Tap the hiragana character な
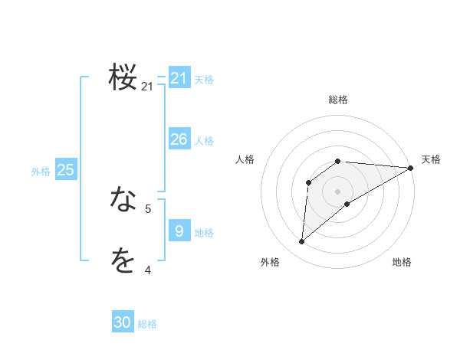(x=123, y=200)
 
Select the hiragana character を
(x=123, y=261)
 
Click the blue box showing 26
(x=179, y=139)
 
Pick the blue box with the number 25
(x=65, y=170)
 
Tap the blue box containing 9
(x=179, y=231)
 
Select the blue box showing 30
(x=123, y=322)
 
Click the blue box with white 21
(x=179, y=77)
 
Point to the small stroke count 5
(x=148, y=208)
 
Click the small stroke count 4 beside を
(x=148, y=270)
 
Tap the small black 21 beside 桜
(x=147, y=87)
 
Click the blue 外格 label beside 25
(x=41, y=172)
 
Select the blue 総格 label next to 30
(x=147, y=324)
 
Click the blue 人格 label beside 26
(x=204, y=141)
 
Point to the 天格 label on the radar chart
(x=431, y=159)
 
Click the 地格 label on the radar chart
(x=402, y=262)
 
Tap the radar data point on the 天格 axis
(x=411, y=168)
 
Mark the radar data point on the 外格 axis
(x=302, y=242)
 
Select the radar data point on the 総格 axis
(x=338, y=161)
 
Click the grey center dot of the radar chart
(x=338, y=191)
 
